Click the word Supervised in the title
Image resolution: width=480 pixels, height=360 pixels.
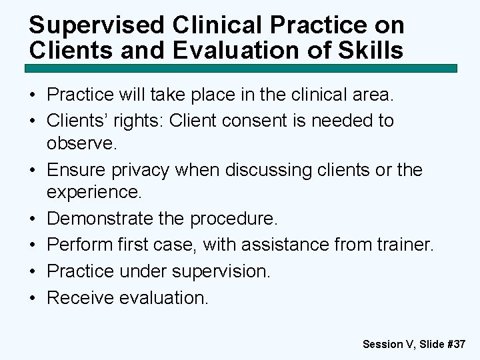[x=87, y=25]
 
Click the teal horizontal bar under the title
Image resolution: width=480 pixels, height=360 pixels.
[x=241, y=68]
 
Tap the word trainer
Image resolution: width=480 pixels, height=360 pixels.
[x=407, y=245]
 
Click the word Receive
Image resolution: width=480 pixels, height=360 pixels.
[x=80, y=297]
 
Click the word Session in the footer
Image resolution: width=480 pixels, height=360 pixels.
[x=383, y=344]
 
